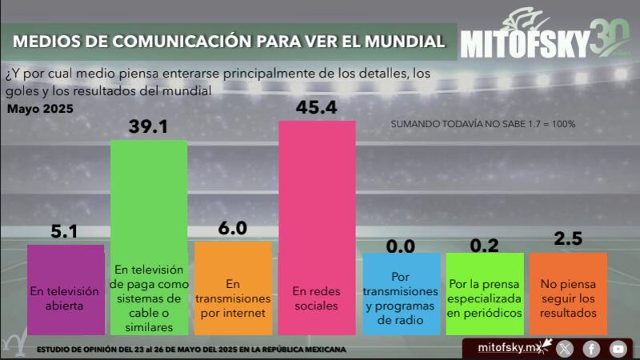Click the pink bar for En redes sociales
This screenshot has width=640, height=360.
click(317, 227)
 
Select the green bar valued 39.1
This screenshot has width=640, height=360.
click(149, 237)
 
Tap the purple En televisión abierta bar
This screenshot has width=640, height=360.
click(66, 290)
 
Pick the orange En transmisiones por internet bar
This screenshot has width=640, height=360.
click(233, 288)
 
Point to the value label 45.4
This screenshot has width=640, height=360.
click(316, 107)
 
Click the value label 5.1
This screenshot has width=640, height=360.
click(64, 231)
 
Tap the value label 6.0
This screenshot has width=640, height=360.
click(233, 228)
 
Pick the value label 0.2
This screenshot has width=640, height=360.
click(485, 240)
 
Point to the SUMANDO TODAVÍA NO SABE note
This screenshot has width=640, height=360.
click(483, 124)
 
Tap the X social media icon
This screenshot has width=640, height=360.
click(565, 348)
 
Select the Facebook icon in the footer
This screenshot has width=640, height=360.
click(591, 348)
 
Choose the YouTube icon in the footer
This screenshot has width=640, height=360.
click(618, 348)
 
